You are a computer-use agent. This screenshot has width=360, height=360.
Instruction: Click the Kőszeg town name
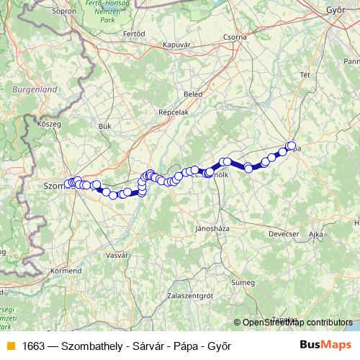[x=48, y=124]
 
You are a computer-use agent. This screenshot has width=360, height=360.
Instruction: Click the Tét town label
[x=305, y=75]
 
